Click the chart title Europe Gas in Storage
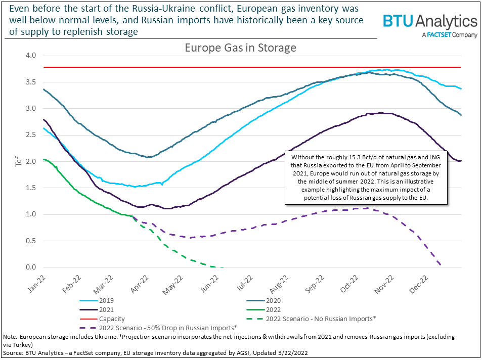click(240, 48)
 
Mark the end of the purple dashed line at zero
click(441, 265)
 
